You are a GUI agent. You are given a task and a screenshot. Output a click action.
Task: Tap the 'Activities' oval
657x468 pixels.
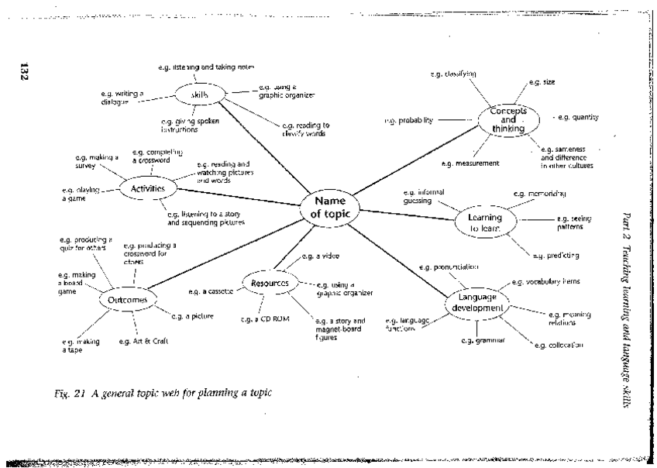[x=147, y=188]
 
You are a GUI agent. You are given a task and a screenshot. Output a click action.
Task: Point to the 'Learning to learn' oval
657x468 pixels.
[x=484, y=223]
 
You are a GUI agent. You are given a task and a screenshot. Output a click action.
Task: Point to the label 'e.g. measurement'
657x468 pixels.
[x=470, y=163]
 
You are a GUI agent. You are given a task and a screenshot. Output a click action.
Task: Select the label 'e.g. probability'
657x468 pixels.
[x=409, y=121]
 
